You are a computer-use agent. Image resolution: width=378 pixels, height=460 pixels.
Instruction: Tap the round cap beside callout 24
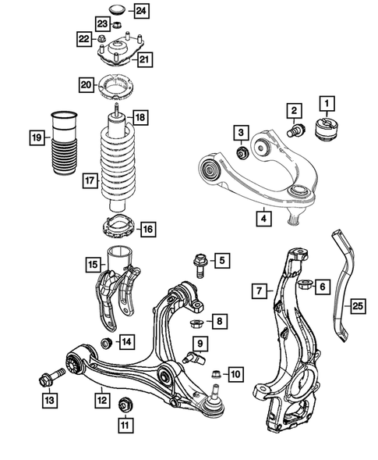(x=118, y=10)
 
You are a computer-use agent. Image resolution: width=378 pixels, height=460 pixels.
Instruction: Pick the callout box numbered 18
(x=139, y=118)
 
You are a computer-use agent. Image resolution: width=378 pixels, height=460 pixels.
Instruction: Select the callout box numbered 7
(x=259, y=292)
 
